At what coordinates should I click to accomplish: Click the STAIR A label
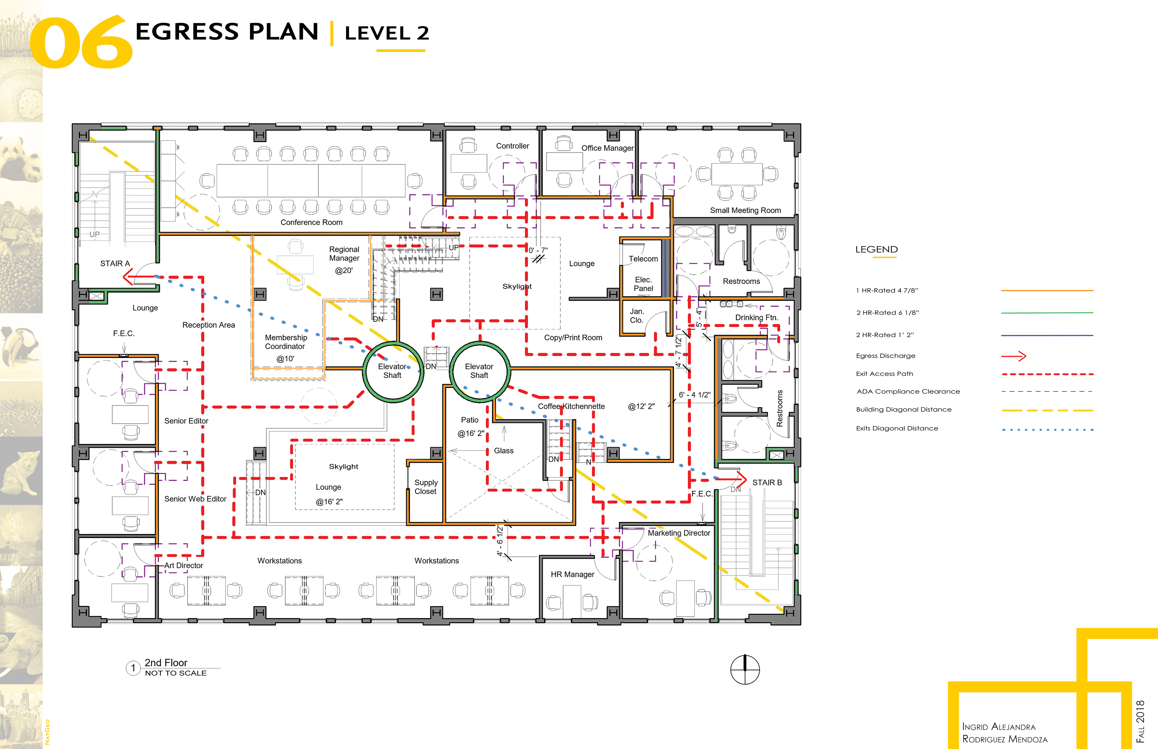[115, 264]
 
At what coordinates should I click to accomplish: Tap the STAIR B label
[767, 483]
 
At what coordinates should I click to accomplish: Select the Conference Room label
[312, 222]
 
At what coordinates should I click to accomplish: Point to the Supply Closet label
[426, 487]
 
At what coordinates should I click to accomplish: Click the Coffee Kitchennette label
[571, 406]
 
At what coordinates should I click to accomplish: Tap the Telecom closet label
[643, 259]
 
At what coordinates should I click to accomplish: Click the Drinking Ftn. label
[757, 318]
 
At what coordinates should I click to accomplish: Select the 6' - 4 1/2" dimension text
[694, 395]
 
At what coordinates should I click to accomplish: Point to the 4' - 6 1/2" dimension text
[500, 540]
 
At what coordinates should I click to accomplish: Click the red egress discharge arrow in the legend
[1014, 356]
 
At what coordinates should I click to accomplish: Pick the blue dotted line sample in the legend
[1048, 430]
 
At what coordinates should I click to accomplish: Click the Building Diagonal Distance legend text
[903, 410]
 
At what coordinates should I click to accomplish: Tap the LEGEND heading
[876, 250]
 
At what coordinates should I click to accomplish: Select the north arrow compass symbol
[745, 669]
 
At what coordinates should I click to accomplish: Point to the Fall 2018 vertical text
[1140, 721]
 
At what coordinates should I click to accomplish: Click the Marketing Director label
[679, 533]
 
